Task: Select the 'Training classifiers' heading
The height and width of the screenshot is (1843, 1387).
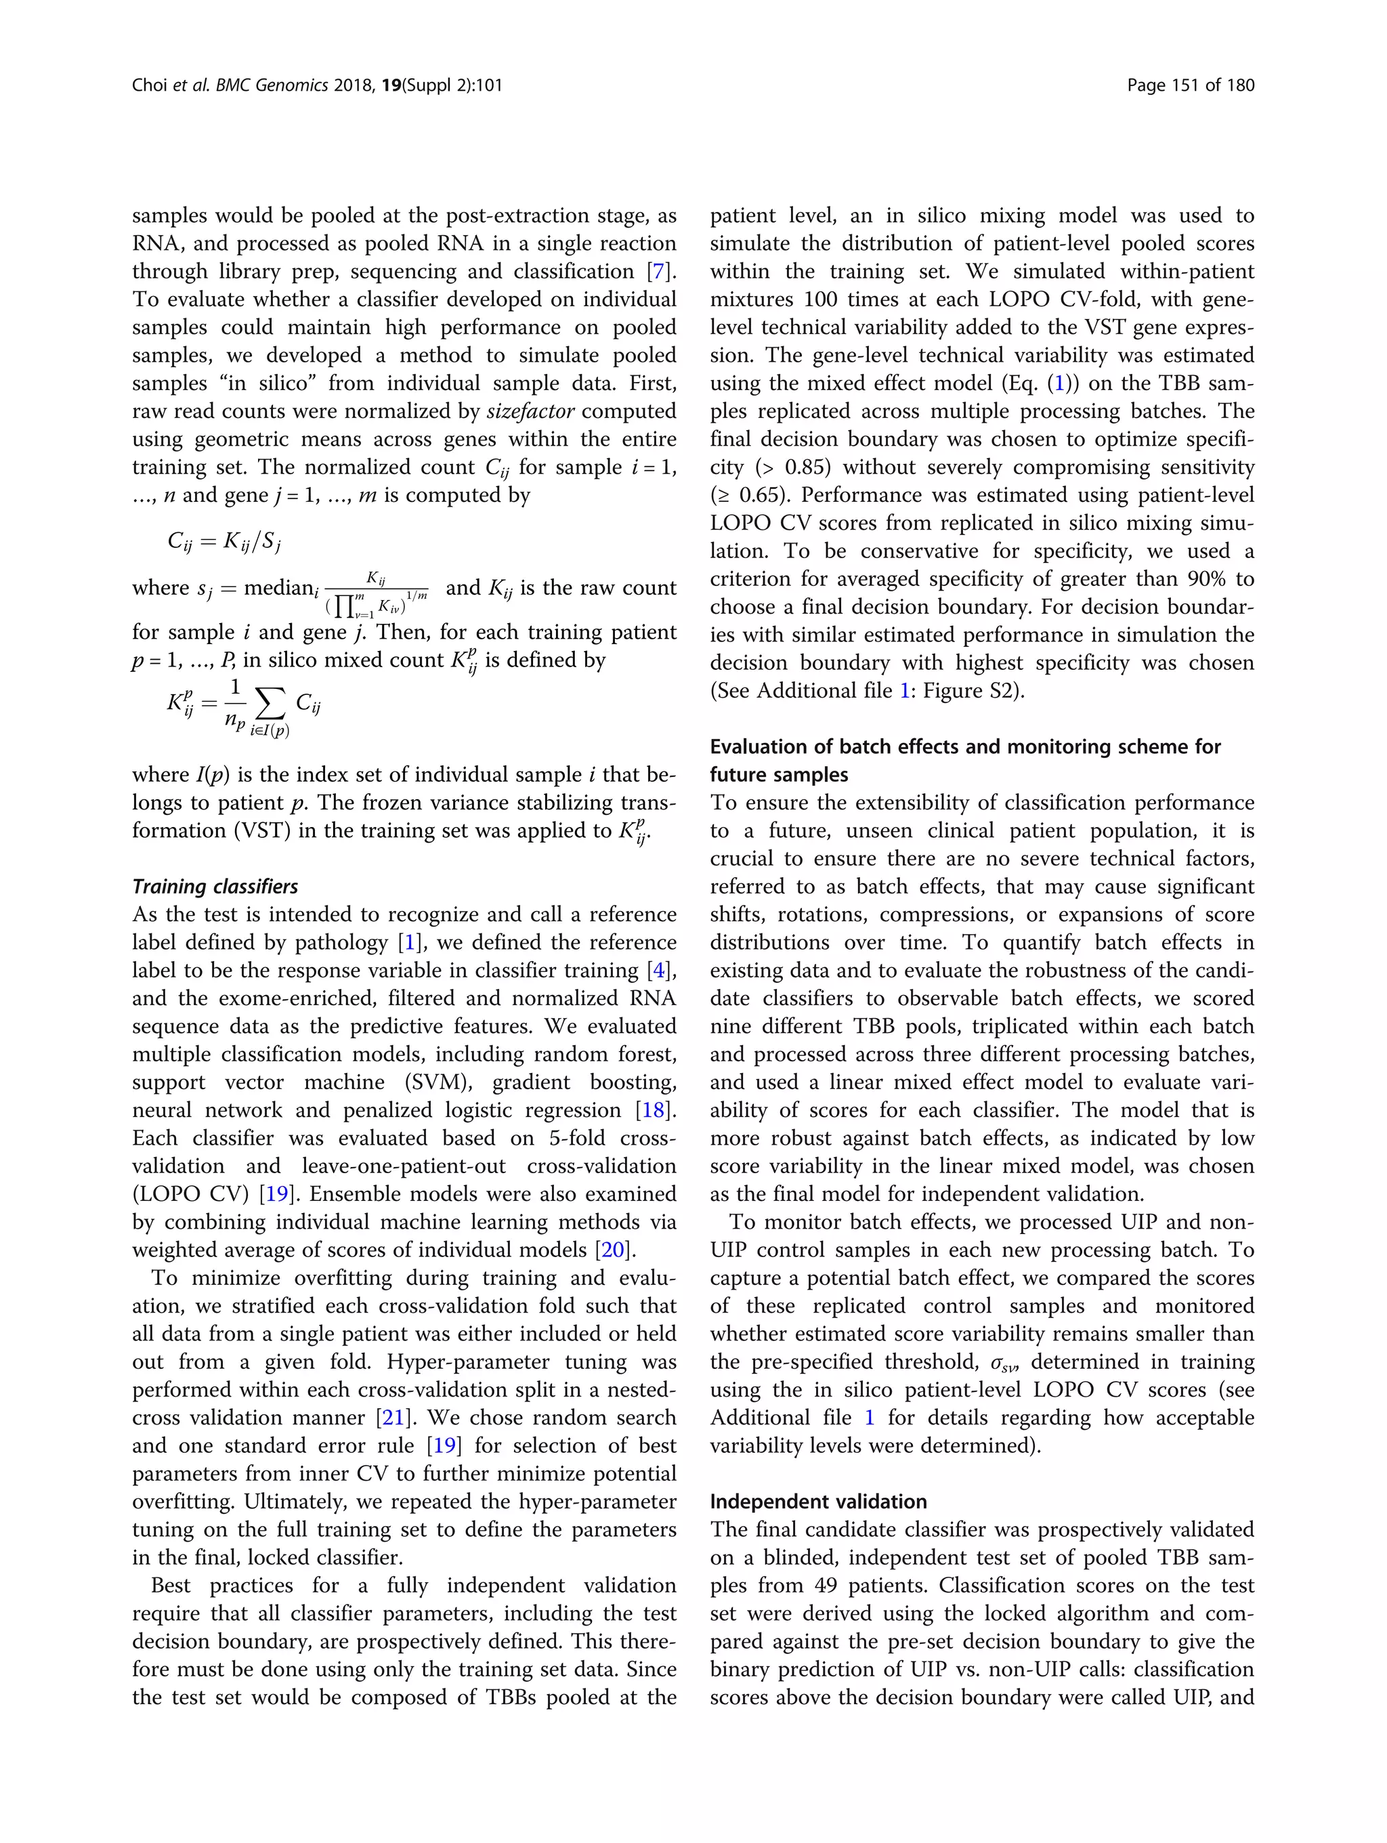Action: click(x=215, y=887)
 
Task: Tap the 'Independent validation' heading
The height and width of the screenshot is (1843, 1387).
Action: click(x=817, y=1502)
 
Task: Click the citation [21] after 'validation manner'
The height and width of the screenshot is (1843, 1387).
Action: click(x=392, y=1418)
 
